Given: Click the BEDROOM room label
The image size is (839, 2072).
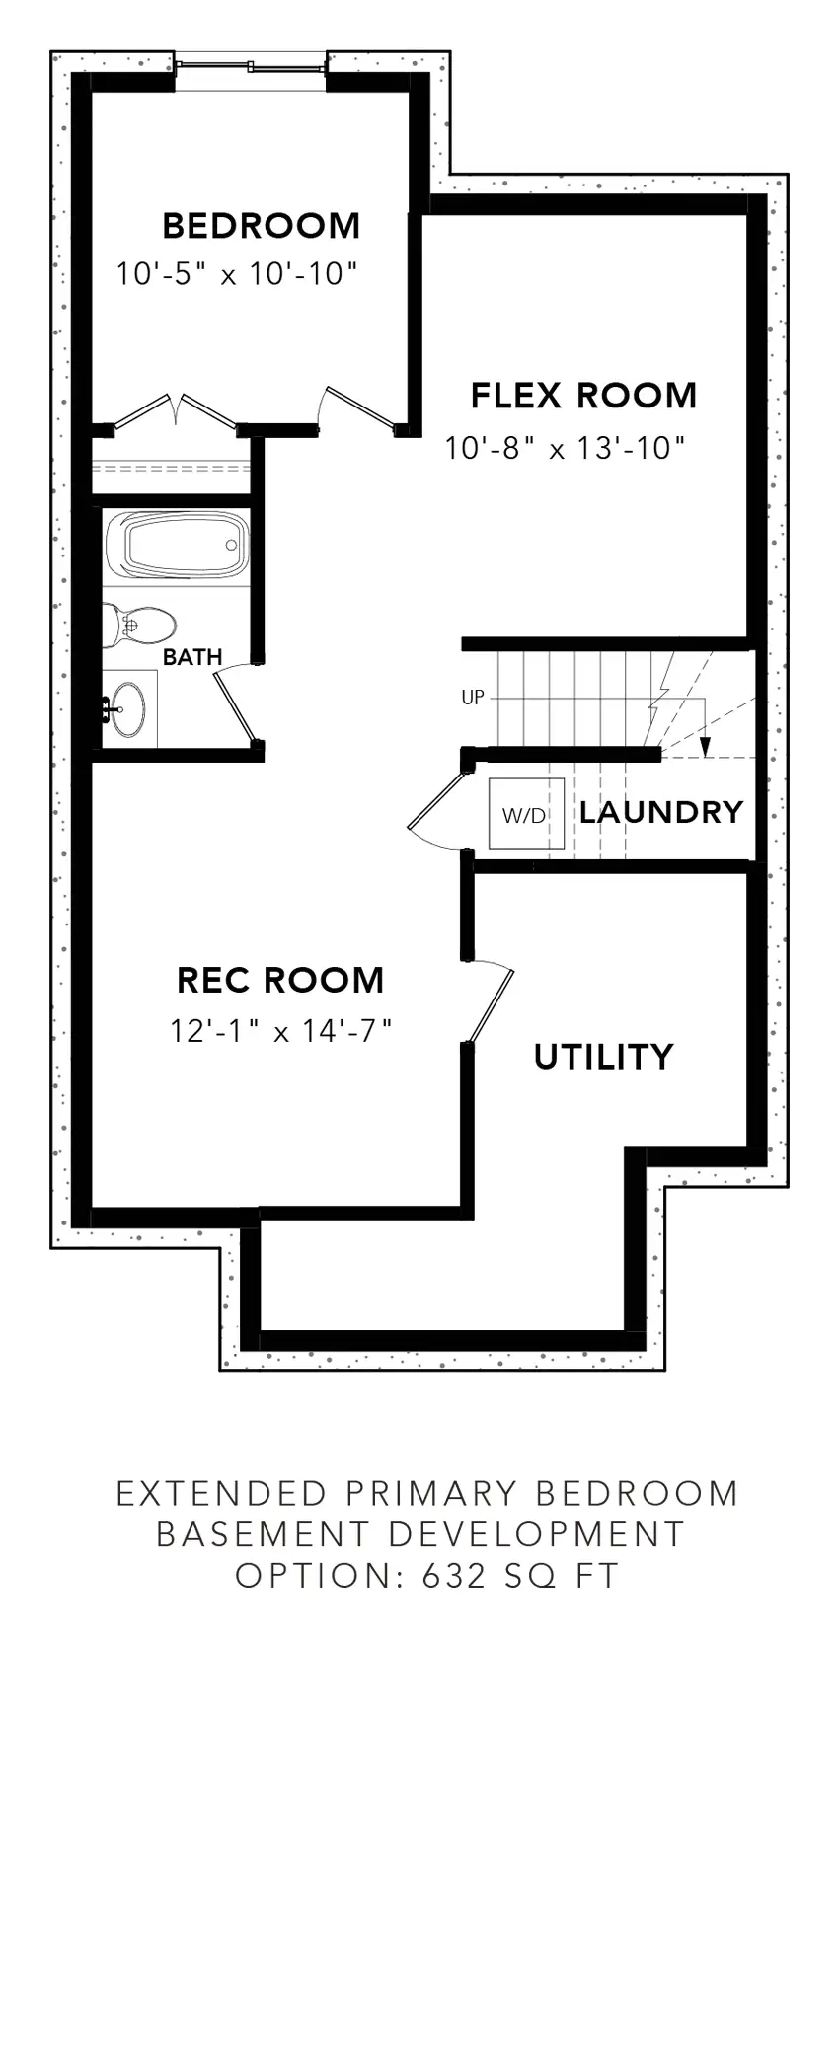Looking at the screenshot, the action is [x=262, y=226].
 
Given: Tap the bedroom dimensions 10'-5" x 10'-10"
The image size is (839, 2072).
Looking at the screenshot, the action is [x=236, y=273].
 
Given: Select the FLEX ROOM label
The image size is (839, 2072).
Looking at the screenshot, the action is [x=583, y=396].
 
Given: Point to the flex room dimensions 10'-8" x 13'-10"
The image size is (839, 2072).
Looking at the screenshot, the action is [x=565, y=448].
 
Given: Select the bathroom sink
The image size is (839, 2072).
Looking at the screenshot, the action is [x=129, y=707].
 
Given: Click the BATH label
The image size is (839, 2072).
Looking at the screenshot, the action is [x=192, y=657].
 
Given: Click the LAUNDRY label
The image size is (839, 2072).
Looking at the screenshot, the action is [x=661, y=812].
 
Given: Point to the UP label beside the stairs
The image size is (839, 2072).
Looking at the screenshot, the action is [x=473, y=698].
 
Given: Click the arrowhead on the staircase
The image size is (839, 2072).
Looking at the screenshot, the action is [x=705, y=746].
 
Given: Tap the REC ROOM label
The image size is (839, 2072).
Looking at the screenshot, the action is [x=280, y=980].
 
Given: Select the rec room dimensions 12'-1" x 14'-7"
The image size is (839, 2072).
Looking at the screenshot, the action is [x=281, y=1031].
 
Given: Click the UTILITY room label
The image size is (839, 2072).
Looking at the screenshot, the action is [x=603, y=1057].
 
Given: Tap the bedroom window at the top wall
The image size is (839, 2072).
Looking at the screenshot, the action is [x=251, y=67].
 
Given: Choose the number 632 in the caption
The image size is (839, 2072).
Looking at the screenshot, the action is [x=454, y=1576].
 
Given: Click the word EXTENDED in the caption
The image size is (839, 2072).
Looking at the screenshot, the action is [x=222, y=1493].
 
